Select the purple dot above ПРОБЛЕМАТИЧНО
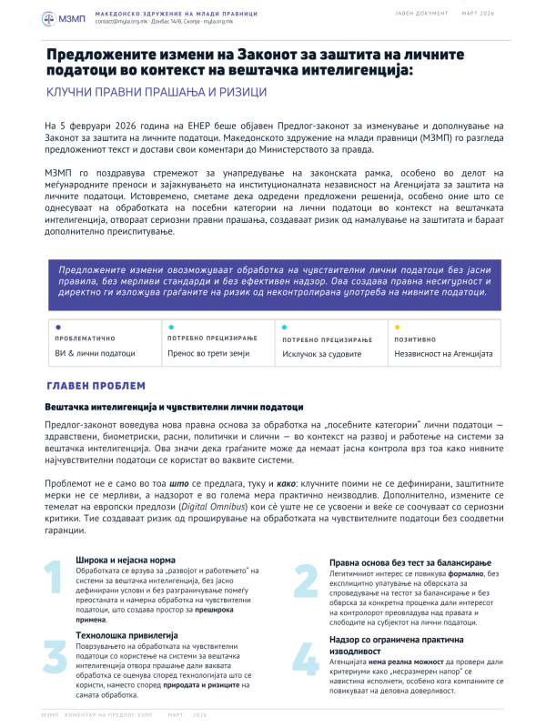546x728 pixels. coord(58,326)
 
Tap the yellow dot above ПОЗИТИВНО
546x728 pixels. coord(397,326)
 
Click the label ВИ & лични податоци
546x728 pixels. coord(96,353)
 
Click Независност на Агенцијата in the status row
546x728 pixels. coord(443,353)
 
